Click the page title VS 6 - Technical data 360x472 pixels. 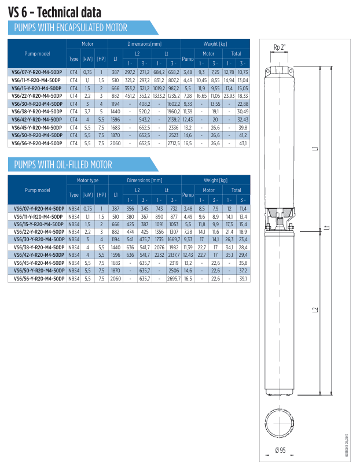pyautogui.click(x=54, y=13)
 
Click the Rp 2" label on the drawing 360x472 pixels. pyautogui.click(x=280, y=47)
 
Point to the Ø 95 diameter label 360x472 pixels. pyautogui.click(x=280, y=451)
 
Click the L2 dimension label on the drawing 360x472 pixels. pyautogui.click(x=315, y=310)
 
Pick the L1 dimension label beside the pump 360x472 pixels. pyautogui.click(x=315, y=149)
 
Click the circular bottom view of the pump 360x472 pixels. pyautogui.click(x=279, y=423)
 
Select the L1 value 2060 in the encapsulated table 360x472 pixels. pyautogui.click(x=115, y=143)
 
